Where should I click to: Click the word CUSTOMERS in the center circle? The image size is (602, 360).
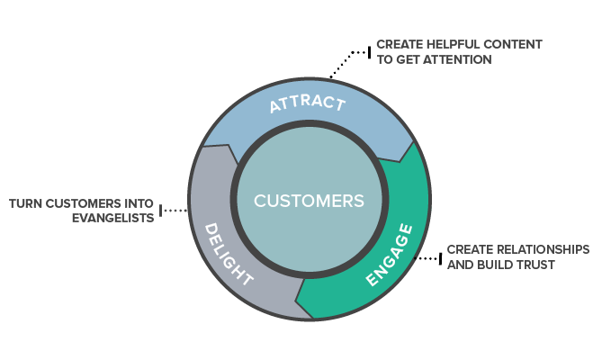coord(309,200)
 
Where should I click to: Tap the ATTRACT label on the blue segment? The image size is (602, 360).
coord(308,103)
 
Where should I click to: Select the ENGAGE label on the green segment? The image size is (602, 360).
coord(389,256)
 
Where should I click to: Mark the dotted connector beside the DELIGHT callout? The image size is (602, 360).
coord(175,211)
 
